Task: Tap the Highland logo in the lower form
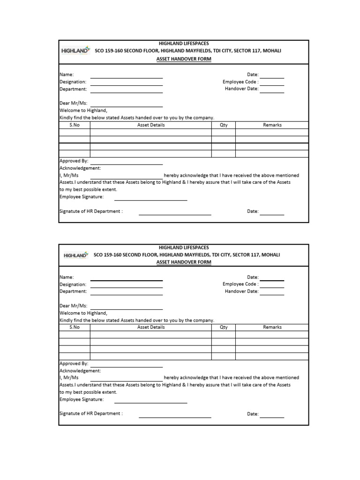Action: tap(75, 255)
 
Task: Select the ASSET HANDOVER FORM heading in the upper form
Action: tap(184, 59)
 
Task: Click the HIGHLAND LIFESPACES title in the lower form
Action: tap(184, 247)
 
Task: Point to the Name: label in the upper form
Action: tap(67, 75)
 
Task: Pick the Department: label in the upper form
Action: tap(73, 89)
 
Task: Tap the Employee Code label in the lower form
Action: tap(240, 284)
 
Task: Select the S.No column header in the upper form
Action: tap(75, 125)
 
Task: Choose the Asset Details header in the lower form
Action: tap(151, 327)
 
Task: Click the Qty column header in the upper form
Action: tap(224, 125)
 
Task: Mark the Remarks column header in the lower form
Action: tap(272, 327)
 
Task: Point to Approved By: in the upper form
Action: tap(74, 161)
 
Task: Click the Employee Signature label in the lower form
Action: tap(82, 399)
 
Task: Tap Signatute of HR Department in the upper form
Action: tap(91, 211)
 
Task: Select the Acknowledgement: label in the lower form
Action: tap(80, 370)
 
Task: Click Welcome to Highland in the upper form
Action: tap(83, 111)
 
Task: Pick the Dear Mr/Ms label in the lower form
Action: tap(74, 306)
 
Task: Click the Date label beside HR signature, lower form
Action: tap(253, 414)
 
